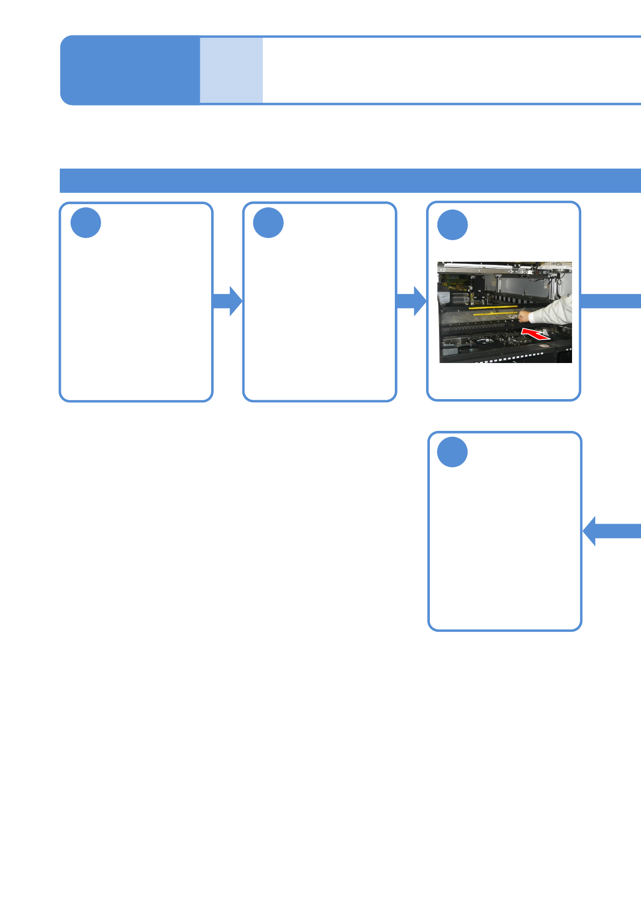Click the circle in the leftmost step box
tap(86, 223)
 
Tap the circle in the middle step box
tap(268, 223)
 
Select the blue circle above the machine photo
tap(452, 225)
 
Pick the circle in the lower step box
tap(452, 452)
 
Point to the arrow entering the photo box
tap(412, 301)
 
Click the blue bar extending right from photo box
tap(610, 301)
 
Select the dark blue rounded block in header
tap(130, 70)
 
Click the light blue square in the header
tap(231, 70)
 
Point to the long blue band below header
tap(350, 180)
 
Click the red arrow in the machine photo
tap(535, 333)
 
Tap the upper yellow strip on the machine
tap(492, 308)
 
